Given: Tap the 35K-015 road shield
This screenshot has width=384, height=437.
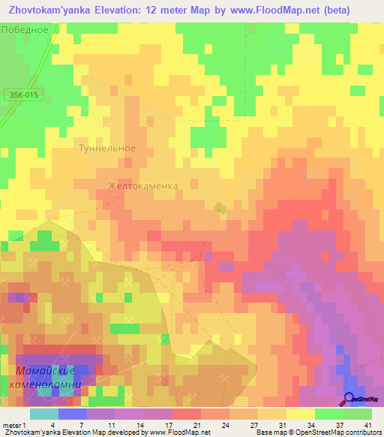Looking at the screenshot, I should [24, 95].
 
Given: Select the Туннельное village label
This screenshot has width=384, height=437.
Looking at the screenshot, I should [107, 148].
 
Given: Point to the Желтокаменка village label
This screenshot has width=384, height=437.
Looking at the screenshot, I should [142, 185].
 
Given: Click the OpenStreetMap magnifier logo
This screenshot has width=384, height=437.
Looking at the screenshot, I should [350, 399].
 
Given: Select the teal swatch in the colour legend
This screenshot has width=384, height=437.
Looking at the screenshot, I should [43, 414].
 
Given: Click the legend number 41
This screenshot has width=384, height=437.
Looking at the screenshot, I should [367, 425].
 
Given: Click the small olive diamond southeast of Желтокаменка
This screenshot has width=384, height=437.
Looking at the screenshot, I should [220, 206].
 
